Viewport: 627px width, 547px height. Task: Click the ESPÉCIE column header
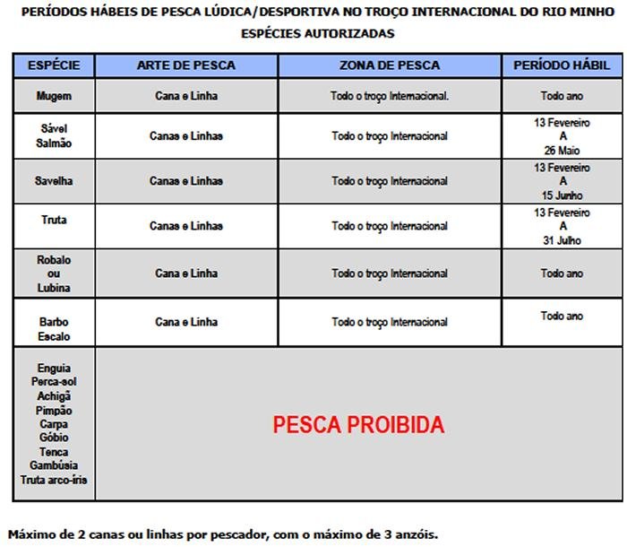tap(54, 65)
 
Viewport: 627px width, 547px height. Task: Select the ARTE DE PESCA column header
tap(186, 65)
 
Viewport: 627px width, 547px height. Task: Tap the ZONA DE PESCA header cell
tap(390, 65)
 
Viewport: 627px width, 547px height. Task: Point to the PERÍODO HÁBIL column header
tap(562, 65)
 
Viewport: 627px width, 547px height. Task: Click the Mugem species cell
tap(54, 96)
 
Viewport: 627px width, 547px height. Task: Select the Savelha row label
tap(54, 181)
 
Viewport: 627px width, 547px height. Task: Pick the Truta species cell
tap(54, 219)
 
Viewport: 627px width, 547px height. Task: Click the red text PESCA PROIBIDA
tap(358, 424)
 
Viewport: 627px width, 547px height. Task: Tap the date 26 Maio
tap(562, 150)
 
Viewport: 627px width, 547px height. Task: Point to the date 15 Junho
tap(562, 195)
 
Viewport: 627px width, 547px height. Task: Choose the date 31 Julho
tap(562, 240)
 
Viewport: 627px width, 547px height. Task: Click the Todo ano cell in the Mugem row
tap(562, 96)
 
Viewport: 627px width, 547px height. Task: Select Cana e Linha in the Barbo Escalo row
tap(186, 322)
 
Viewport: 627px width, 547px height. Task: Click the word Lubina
tap(54, 288)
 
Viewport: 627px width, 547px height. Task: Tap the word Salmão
tap(54, 143)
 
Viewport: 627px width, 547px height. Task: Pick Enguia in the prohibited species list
tap(54, 368)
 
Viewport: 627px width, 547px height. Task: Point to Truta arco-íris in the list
tap(54, 480)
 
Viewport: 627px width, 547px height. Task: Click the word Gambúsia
tap(54, 465)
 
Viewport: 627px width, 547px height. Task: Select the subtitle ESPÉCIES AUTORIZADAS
tap(317, 33)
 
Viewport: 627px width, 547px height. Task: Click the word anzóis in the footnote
tap(413, 534)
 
